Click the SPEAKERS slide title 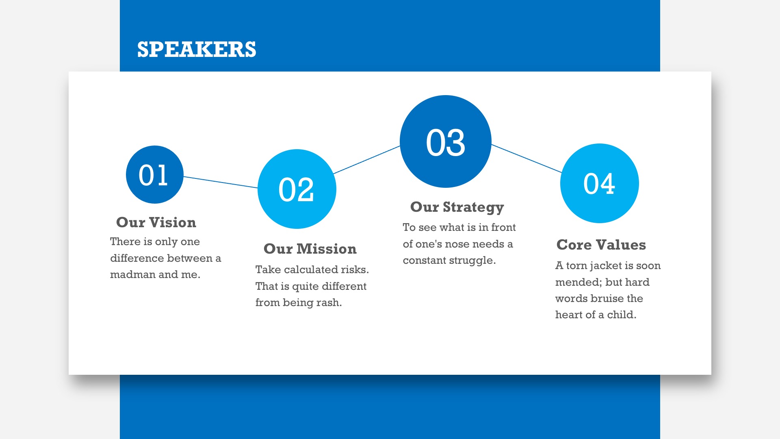coord(197,49)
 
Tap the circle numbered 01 coord(155,174)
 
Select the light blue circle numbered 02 coord(297,189)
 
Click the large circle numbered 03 coord(446,141)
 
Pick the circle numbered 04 coord(600,183)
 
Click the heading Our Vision coord(156,222)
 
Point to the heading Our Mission coord(310,249)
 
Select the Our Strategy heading coord(457,207)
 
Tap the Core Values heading coord(601,245)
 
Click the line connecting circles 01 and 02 coord(221,182)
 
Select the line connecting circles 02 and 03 coord(367,160)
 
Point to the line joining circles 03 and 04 coord(526,159)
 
